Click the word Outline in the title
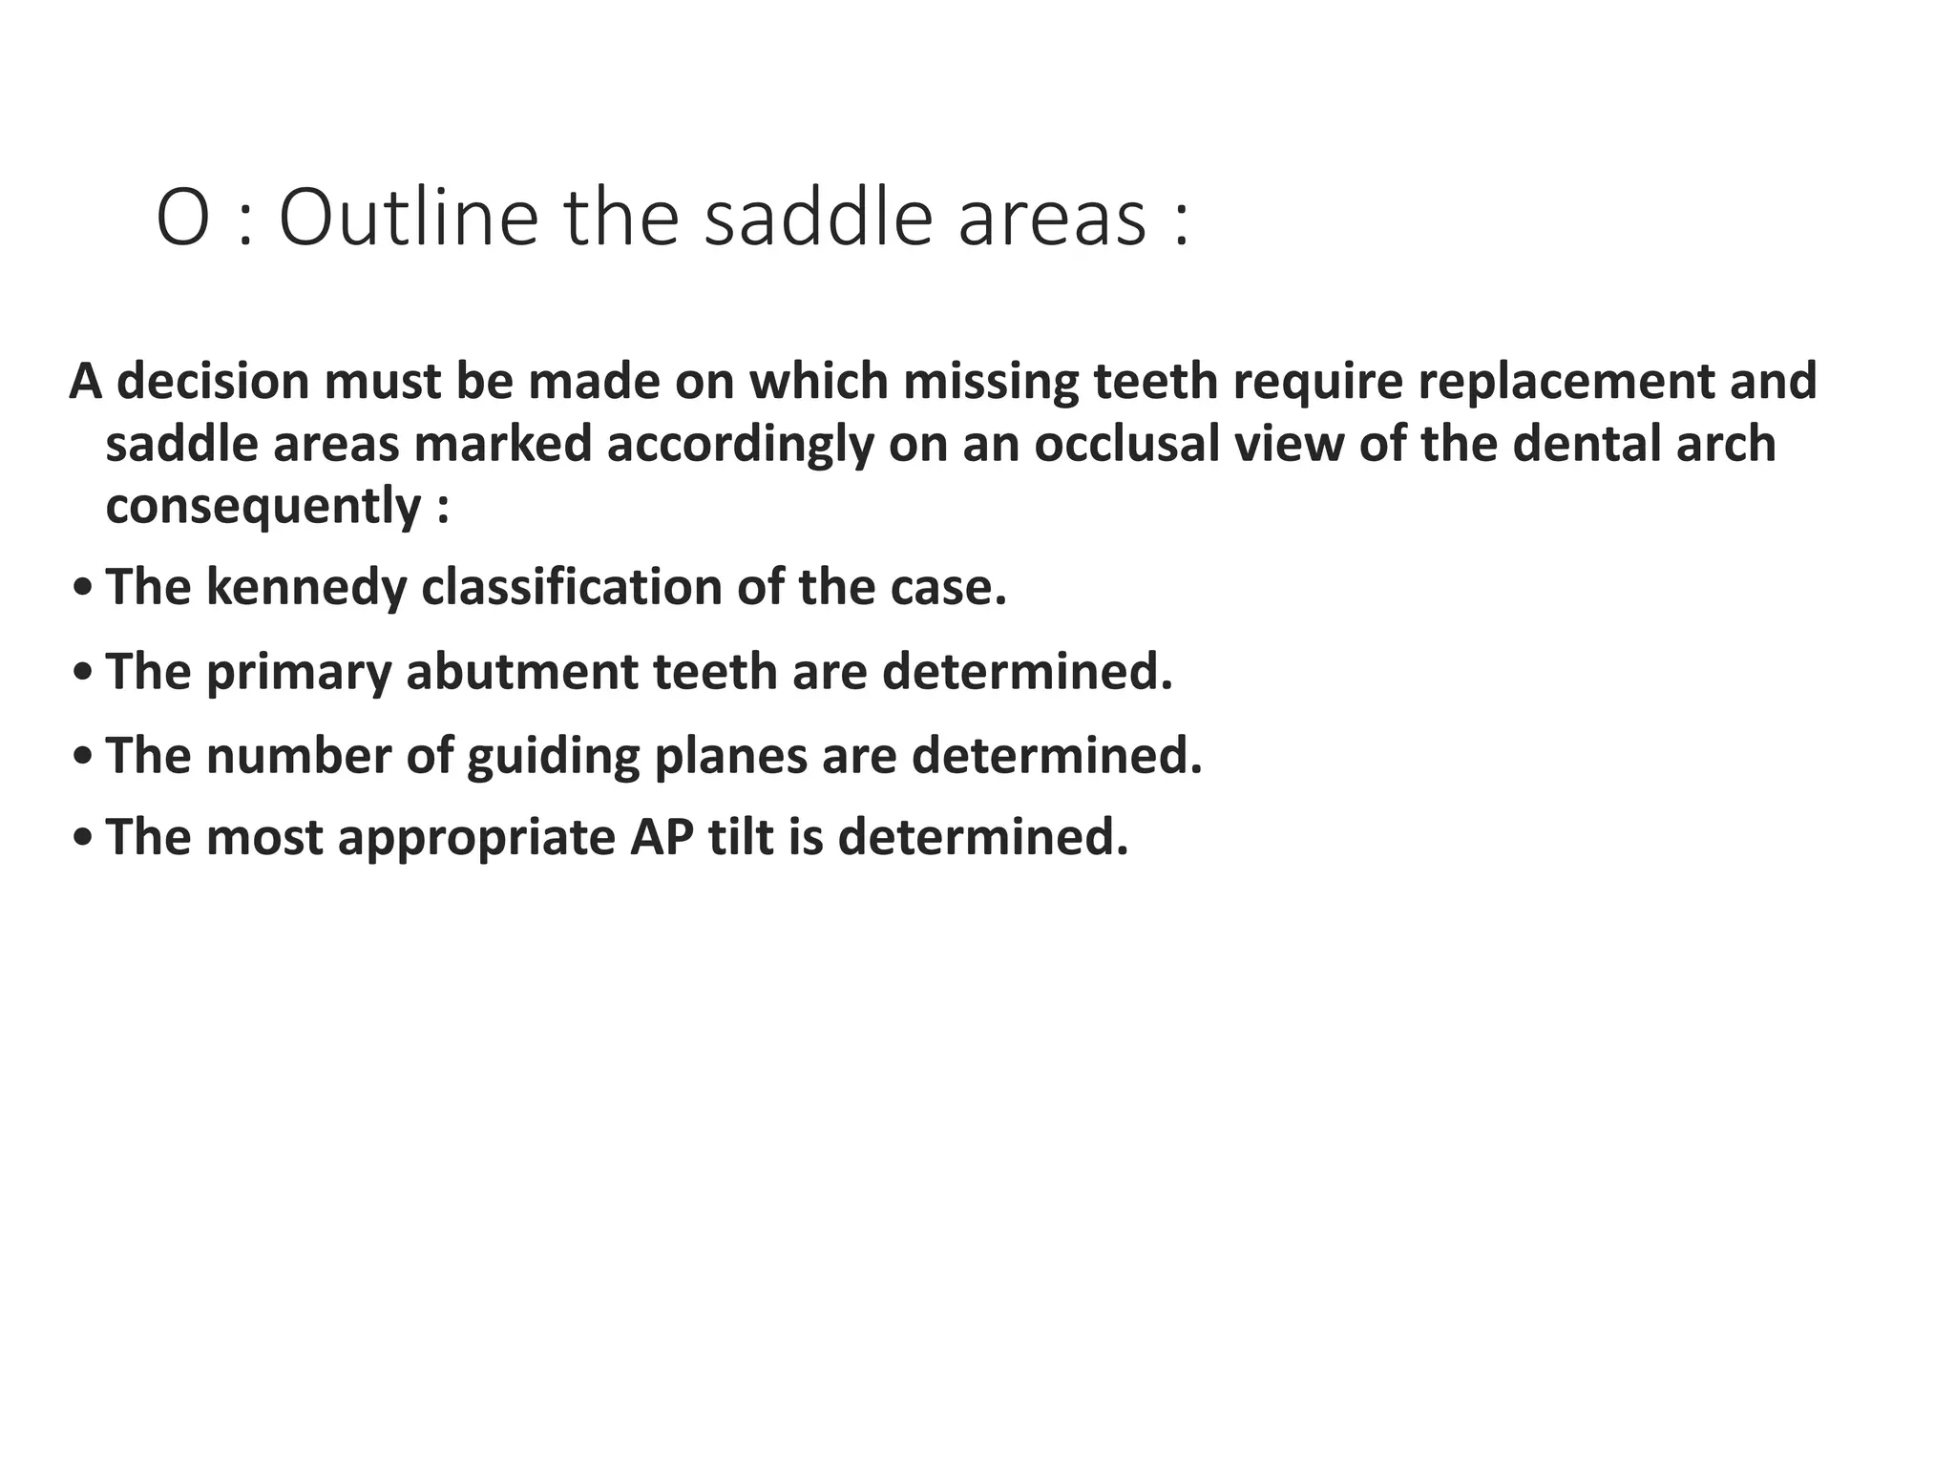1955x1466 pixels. (409, 219)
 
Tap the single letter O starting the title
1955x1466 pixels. (182, 219)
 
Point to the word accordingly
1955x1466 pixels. (740, 444)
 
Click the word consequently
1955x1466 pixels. (263, 506)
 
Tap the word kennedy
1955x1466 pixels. (306, 587)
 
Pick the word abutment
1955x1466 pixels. (522, 672)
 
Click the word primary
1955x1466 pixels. (298, 672)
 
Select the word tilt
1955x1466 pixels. (741, 837)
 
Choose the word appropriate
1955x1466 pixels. (476, 837)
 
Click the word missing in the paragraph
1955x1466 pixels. (990, 381)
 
